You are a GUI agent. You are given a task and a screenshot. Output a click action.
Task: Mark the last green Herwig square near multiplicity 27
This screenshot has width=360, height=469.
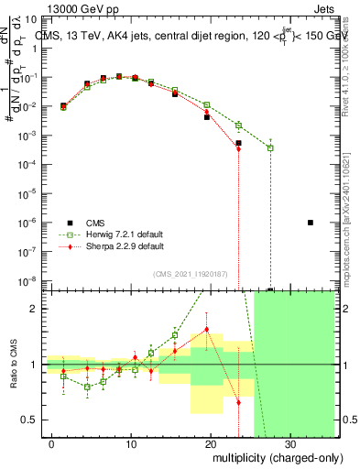270,147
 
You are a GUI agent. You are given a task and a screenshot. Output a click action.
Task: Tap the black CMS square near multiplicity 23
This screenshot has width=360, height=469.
238,143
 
